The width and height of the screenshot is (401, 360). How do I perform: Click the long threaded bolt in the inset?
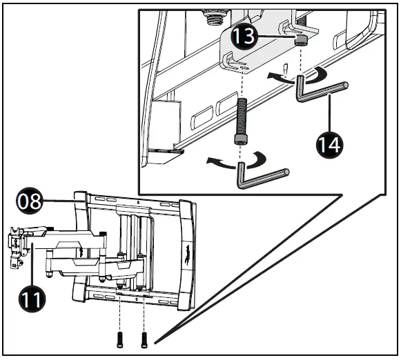[242, 121]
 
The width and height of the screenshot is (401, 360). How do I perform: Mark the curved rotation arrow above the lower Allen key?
[235, 161]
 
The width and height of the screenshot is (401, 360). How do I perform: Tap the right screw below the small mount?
[144, 339]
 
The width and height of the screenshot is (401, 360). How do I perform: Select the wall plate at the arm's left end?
[17, 245]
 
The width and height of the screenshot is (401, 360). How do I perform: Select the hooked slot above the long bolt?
[233, 64]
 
